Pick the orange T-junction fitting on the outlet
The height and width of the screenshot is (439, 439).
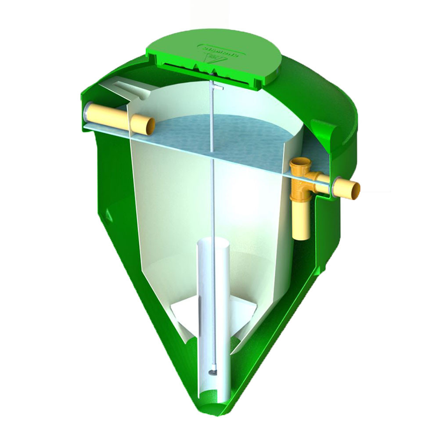tap(303, 176)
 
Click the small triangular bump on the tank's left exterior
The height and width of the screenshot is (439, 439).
tap(108, 215)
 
